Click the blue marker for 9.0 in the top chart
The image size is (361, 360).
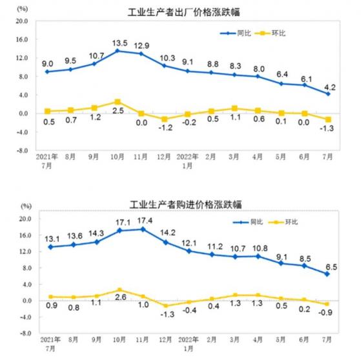(46, 72)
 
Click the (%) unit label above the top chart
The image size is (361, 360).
(24, 8)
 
